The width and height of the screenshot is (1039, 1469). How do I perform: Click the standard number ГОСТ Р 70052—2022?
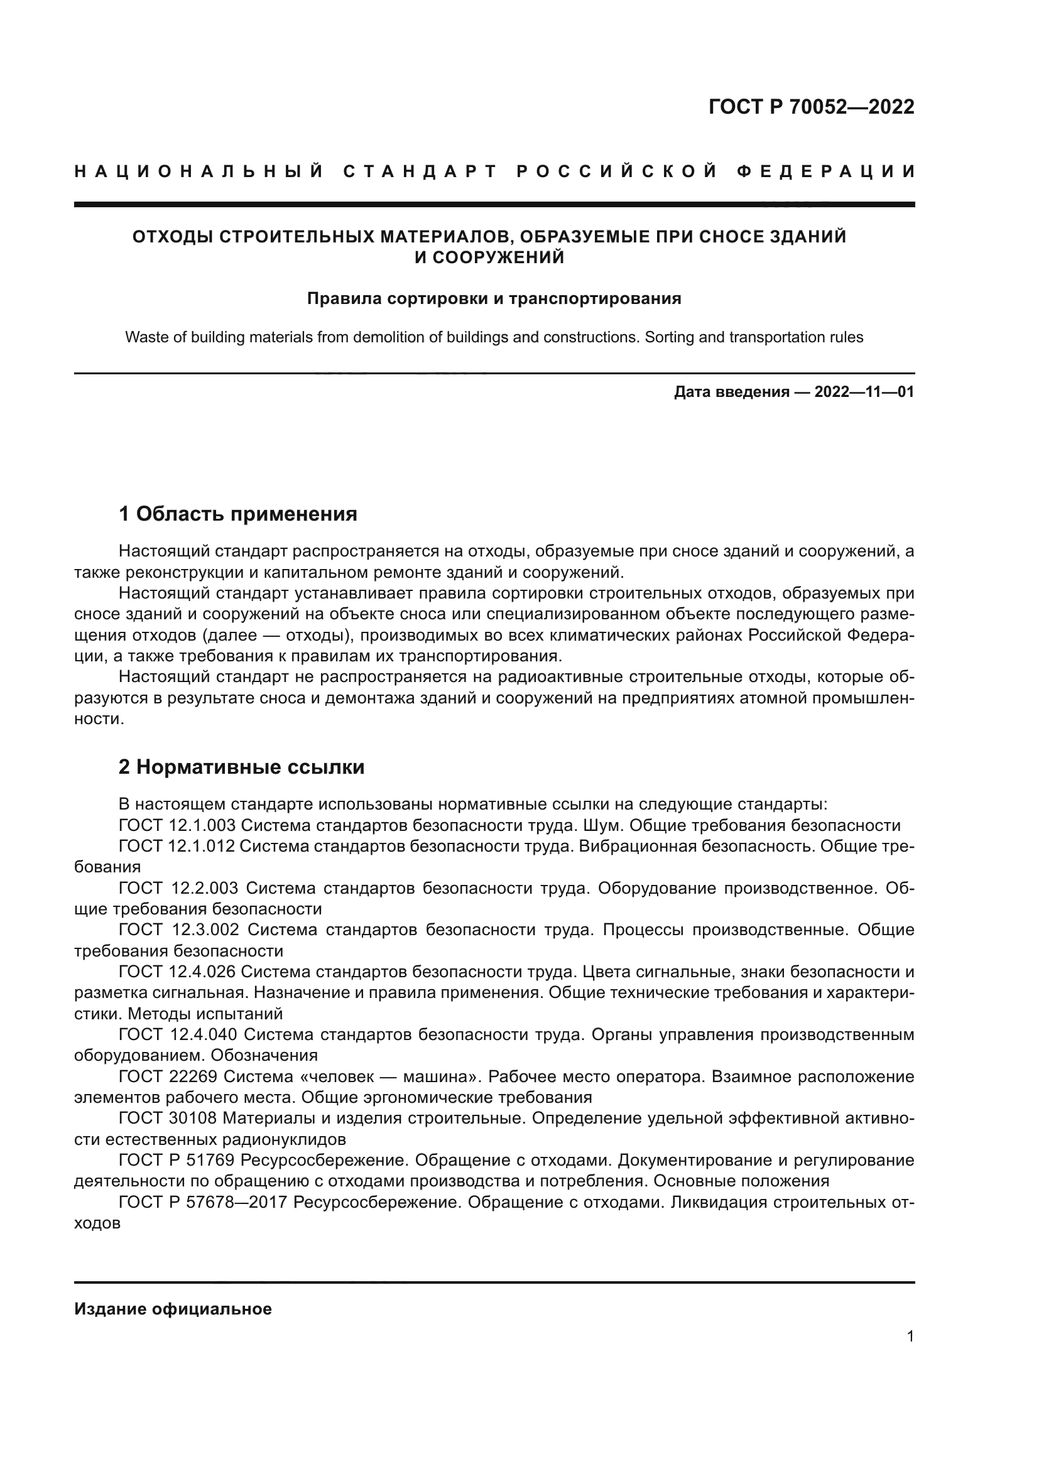[x=811, y=107]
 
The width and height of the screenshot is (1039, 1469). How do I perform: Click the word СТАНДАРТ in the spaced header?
[x=420, y=171]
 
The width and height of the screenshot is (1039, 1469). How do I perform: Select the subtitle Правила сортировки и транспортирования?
[x=494, y=299]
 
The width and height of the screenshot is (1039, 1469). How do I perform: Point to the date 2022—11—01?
[x=864, y=392]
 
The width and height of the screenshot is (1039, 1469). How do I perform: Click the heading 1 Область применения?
[x=238, y=514]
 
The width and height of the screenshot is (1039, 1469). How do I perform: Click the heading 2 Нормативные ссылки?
[x=241, y=767]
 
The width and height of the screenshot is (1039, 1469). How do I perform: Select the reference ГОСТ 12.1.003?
[x=177, y=825]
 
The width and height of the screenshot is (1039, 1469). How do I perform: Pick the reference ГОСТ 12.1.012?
[x=177, y=847]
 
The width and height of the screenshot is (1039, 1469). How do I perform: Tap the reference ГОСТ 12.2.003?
[x=178, y=889]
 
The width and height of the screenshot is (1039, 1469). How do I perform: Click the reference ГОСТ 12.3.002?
[x=179, y=930]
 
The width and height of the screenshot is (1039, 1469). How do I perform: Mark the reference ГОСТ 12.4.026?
[x=177, y=972]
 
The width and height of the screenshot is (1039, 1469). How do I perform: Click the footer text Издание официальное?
[x=173, y=1309]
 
